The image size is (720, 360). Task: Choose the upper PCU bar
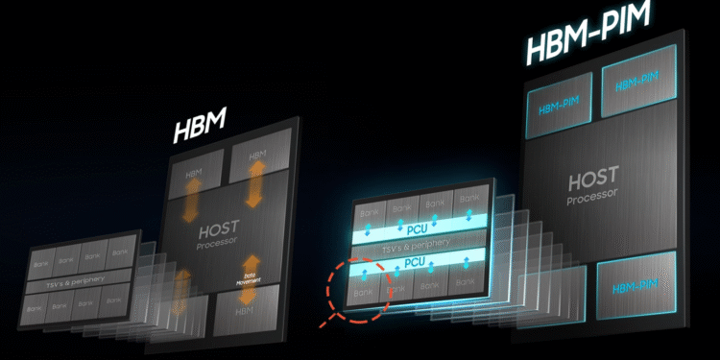(x=415, y=230)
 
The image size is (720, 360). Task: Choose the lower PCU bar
(x=415, y=262)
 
